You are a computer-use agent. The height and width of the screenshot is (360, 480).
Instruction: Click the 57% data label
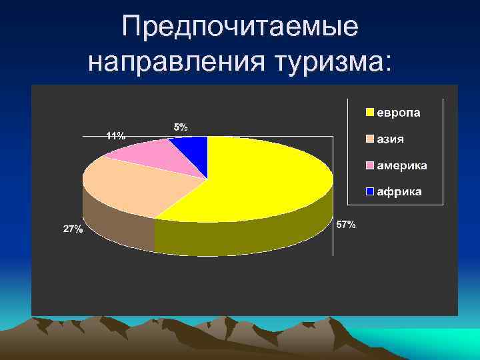click(346, 225)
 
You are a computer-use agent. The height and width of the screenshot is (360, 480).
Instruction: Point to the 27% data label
click(73, 229)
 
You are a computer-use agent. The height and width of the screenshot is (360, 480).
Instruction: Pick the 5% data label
click(181, 126)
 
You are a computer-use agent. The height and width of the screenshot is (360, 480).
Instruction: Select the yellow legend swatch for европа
click(369, 113)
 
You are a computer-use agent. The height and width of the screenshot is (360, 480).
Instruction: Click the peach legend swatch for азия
click(369, 139)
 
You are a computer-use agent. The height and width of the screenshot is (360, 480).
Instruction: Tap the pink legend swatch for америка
click(369, 165)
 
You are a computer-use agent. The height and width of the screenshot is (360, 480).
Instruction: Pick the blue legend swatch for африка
click(369, 192)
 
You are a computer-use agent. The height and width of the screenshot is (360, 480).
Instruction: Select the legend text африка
click(399, 192)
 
